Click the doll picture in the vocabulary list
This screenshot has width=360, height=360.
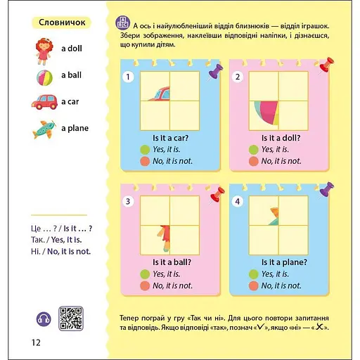tap(43, 51)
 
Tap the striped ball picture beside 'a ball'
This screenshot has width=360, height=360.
tap(44, 77)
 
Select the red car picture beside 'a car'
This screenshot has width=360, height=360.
tap(44, 102)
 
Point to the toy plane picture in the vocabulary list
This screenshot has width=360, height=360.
tap(44, 129)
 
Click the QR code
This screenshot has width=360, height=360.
tap(71, 319)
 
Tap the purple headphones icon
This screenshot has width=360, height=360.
tap(44, 319)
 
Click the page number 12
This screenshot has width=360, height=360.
tap(36, 342)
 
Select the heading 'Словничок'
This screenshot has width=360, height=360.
tap(62, 22)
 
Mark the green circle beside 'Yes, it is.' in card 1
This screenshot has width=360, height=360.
tap(145, 150)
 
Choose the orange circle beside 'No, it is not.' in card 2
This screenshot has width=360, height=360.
tap(253, 161)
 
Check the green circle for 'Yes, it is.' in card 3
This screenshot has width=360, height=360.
tap(145, 274)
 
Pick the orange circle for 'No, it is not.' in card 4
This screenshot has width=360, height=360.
tap(253, 286)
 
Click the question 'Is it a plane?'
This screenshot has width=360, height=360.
tap(284, 262)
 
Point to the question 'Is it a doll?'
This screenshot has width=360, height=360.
tap(281, 138)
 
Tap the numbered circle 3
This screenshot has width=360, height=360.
tap(128, 201)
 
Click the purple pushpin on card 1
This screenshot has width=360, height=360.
tap(215, 72)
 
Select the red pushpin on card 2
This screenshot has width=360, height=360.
tap(326, 65)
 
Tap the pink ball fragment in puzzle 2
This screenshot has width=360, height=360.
tap(268, 112)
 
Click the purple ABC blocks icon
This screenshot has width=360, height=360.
tap(123, 23)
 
